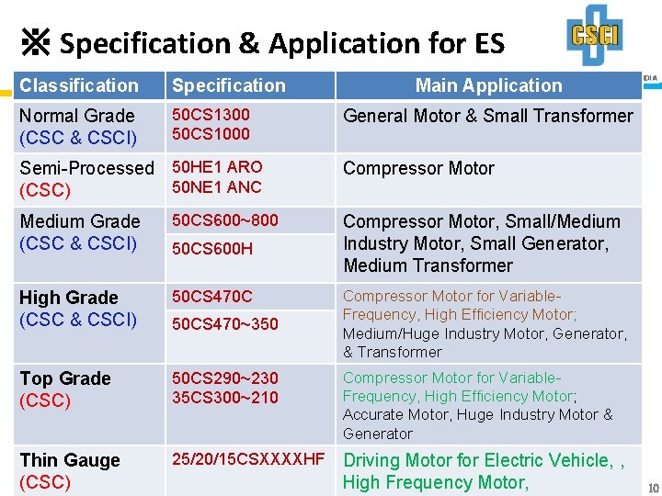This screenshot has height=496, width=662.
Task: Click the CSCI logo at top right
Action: [594, 35]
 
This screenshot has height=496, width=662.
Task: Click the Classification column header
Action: [79, 85]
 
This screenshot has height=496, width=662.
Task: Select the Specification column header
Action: [229, 85]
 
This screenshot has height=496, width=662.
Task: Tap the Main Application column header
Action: [488, 85]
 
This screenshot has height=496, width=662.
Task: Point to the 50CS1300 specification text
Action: [211, 115]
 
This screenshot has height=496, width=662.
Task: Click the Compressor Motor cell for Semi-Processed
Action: [418, 168]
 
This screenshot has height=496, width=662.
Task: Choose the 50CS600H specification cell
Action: [212, 249]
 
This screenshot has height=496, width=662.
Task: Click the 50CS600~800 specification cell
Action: [225, 220]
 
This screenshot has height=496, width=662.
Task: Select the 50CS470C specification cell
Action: [212, 297]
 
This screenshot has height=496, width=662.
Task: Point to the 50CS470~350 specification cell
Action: [225, 324]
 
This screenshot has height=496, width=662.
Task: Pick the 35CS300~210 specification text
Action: [225, 398]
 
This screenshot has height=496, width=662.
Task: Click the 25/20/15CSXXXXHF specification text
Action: [248, 459]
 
